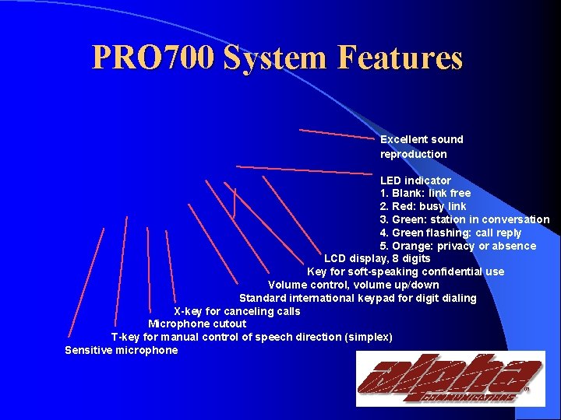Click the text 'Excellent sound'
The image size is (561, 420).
[422, 139]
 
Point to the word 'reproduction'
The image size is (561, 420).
[413, 154]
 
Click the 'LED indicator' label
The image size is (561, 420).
[415, 180]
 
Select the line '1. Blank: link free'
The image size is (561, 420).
[425, 193]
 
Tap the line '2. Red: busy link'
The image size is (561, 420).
[423, 206]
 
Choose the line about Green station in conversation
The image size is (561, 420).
[464, 219]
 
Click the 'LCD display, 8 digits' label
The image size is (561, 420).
[377, 258]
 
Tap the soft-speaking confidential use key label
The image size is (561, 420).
[405, 271]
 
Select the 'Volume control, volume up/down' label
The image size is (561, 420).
[353, 285]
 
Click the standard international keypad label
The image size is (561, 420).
[358, 298]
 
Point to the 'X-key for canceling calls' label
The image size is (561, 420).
[236, 311]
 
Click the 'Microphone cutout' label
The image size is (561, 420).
[197, 324]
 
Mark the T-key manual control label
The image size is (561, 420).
[252, 337]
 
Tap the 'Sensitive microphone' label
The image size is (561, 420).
[121, 350]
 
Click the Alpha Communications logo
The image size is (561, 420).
[450, 379]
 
